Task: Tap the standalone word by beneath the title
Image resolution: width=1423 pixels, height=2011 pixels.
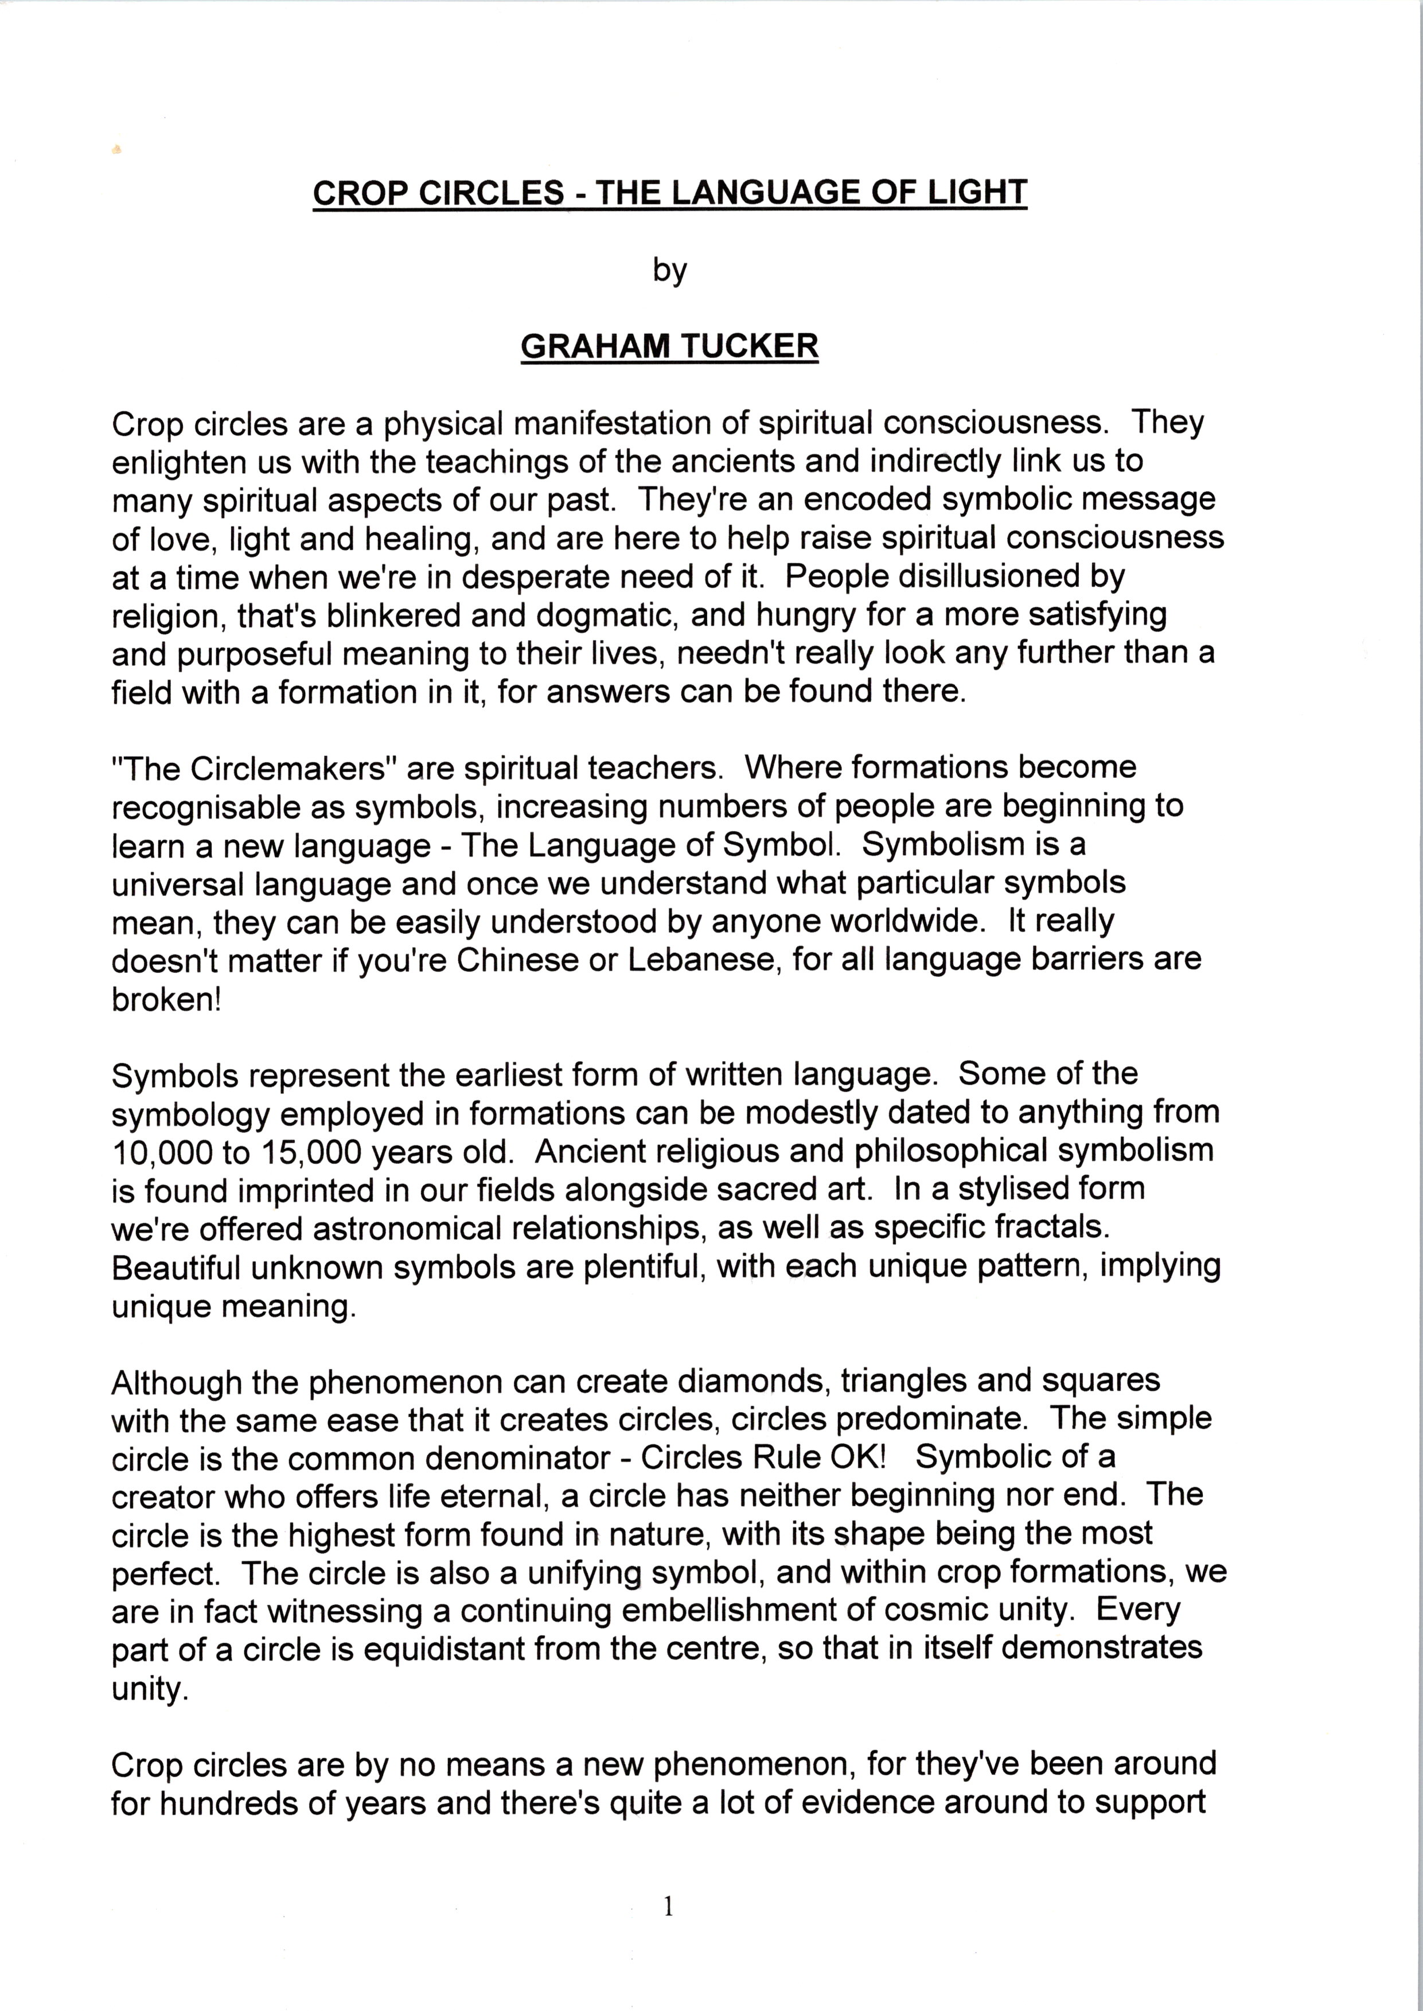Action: point(669,270)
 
